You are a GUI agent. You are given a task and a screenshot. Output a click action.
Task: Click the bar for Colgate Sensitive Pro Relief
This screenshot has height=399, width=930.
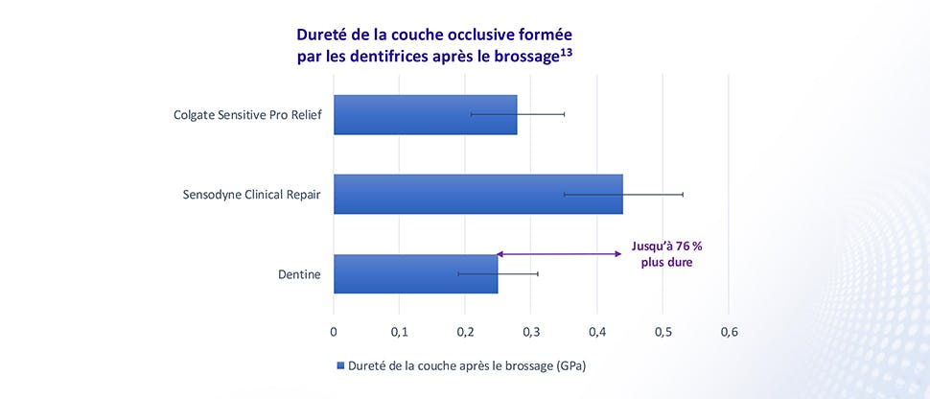click(425, 114)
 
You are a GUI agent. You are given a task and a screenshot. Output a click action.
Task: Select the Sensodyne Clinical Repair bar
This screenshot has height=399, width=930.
click(477, 194)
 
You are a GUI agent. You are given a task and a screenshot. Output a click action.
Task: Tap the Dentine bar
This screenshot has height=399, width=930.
click(415, 273)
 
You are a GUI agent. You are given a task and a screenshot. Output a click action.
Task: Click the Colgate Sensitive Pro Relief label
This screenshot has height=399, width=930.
click(246, 115)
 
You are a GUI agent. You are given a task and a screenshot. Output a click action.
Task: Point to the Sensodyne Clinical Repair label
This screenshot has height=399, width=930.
click(251, 195)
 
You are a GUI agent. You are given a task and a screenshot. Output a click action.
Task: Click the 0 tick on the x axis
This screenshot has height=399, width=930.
click(334, 332)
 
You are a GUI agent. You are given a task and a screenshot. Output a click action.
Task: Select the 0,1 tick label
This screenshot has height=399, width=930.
click(399, 332)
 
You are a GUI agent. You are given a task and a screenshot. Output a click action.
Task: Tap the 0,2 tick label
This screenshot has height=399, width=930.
click(465, 332)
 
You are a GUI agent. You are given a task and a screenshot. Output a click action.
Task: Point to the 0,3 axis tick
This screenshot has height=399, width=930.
click(531, 332)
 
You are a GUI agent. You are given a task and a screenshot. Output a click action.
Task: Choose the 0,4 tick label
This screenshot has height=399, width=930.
click(596, 332)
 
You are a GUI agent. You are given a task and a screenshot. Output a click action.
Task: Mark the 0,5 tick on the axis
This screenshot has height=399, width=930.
click(663, 332)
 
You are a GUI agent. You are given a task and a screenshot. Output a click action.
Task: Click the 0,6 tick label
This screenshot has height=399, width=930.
click(728, 332)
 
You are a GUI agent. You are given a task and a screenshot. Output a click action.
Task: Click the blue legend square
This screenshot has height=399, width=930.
click(340, 365)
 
